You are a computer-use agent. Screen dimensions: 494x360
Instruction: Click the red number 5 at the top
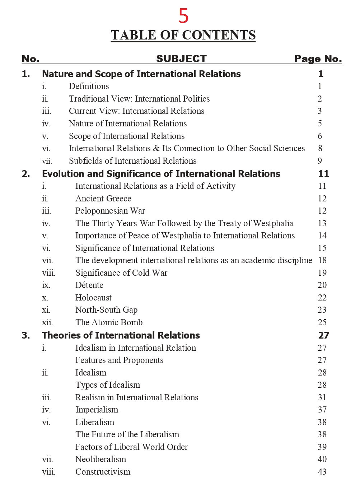coord(183,16)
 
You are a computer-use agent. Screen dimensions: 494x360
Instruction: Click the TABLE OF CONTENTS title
coord(183,35)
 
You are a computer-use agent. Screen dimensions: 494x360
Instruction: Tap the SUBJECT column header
coord(181,59)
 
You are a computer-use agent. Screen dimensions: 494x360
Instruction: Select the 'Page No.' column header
coord(318,59)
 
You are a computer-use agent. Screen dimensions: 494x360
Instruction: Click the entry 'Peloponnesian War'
coord(110,211)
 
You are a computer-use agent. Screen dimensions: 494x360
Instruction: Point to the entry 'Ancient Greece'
coord(103,199)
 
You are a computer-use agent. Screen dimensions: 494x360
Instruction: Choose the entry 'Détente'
coord(89,285)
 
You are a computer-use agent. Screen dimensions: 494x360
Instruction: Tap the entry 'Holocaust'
coord(93,298)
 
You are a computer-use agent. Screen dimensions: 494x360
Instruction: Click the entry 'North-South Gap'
coord(106,310)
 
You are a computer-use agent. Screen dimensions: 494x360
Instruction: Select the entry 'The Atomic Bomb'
coord(109,322)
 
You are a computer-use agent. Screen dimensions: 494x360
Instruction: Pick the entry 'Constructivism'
coord(103,472)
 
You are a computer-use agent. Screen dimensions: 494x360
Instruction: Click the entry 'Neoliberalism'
coord(100,459)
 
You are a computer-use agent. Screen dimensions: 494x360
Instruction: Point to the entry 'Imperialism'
coord(97,410)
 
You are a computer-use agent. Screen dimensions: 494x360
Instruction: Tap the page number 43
coord(322,472)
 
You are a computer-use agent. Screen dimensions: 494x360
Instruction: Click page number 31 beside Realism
coord(322,397)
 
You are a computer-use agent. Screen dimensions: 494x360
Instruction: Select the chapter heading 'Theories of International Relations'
coord(121,335)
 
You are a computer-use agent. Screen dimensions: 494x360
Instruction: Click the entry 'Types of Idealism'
coord(108,385)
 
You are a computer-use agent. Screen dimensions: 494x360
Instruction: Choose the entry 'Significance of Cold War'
coord(121,273)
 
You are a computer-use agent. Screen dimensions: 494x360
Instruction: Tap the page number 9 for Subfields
coord(320,161)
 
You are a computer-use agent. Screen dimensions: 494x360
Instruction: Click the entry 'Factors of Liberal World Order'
coord(131,447)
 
